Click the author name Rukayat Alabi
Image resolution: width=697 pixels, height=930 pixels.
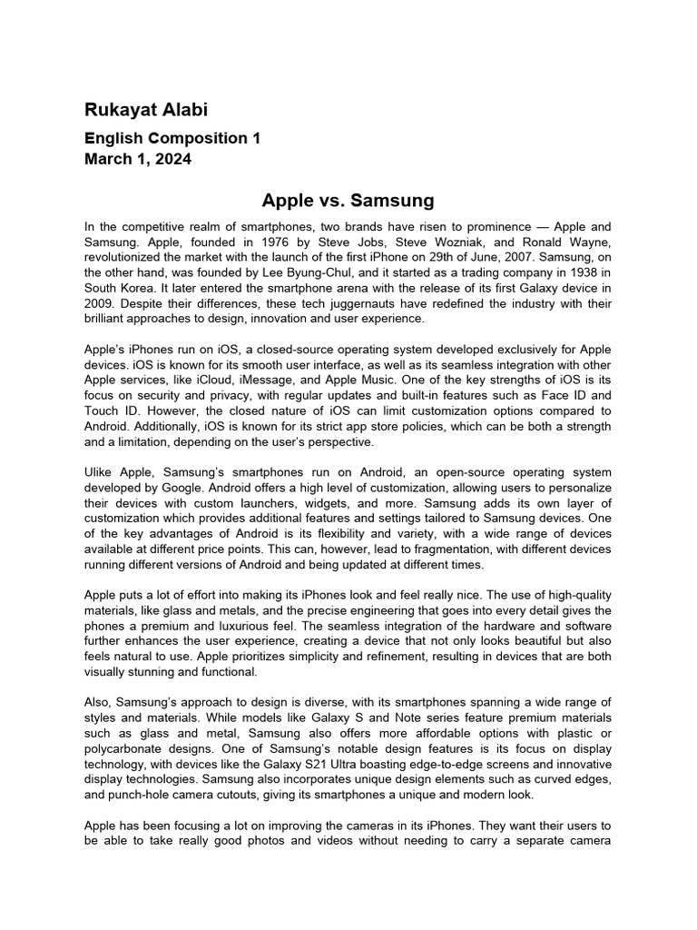pos(145,111)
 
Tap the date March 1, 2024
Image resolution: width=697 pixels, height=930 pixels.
pos(138,160)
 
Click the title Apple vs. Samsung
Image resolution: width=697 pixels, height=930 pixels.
pos(348,199)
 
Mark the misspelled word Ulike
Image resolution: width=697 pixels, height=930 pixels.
pos(100,472)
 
